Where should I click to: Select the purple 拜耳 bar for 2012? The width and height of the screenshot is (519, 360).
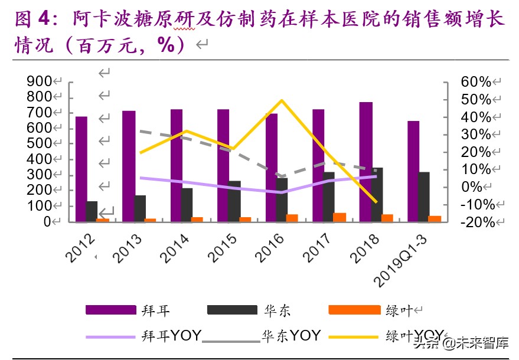click(81, 169)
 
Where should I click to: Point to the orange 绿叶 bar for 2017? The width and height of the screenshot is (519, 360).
click(340, 217)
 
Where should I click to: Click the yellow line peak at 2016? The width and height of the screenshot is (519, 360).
click(282, 100)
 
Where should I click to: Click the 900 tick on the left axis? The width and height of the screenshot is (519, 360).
click(38, 81)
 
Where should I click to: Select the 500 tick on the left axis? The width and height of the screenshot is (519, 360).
click(38, 143)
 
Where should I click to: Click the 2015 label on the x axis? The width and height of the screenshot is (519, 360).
click(224, 247)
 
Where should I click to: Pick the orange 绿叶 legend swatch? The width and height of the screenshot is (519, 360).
click(352, 310)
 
